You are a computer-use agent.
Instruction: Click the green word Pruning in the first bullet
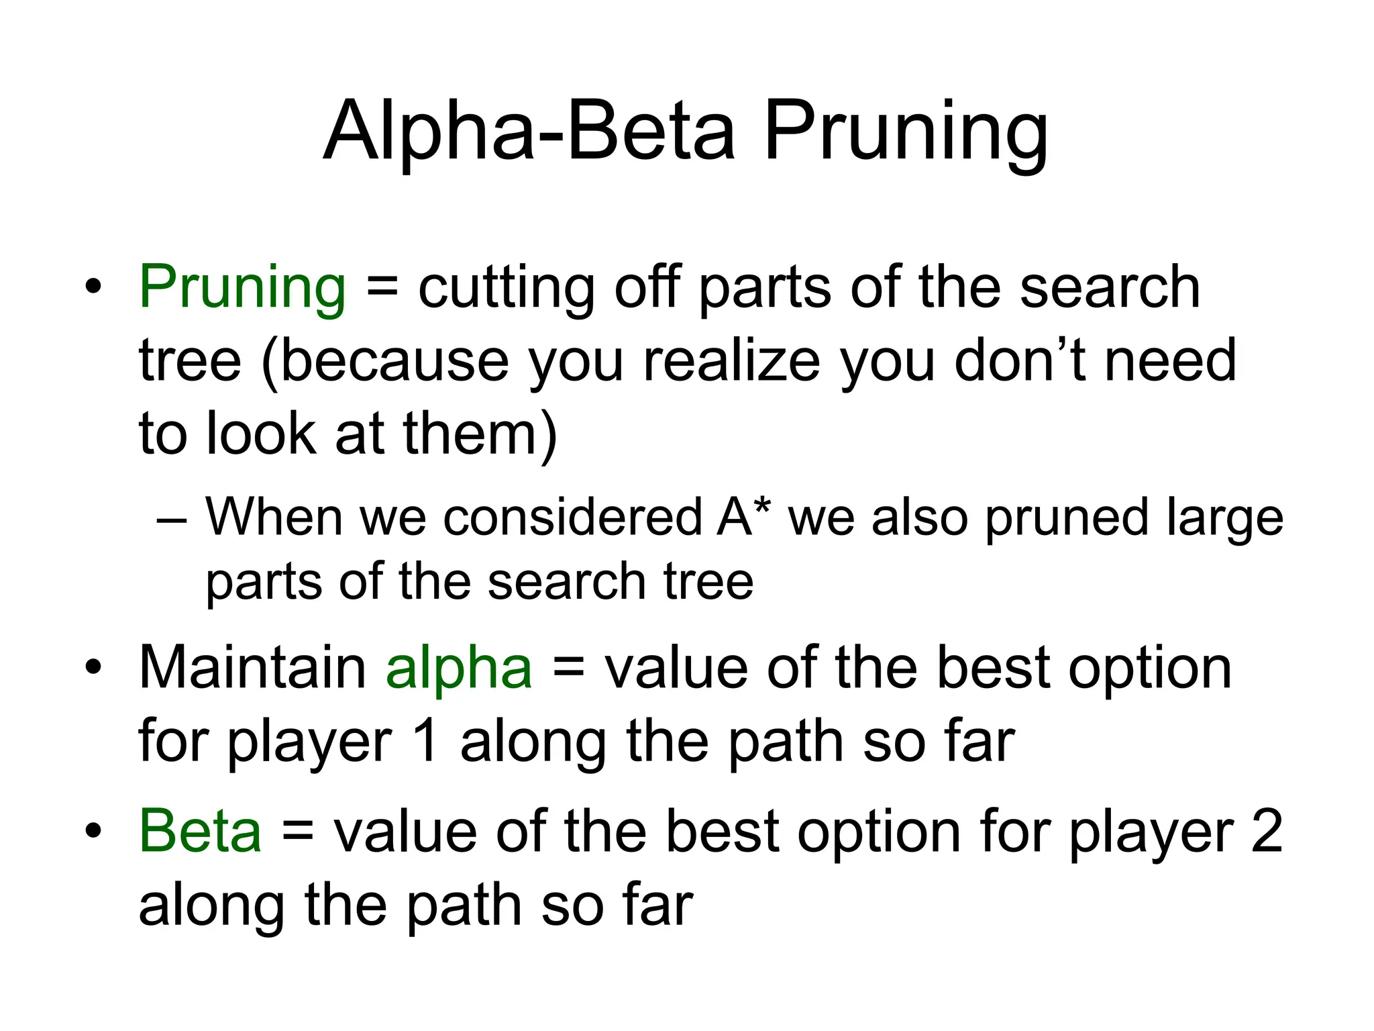click(x=242, y=287)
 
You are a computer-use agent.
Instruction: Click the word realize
click(x=731, y=361)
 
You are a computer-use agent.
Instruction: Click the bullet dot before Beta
click(x=93, y=831)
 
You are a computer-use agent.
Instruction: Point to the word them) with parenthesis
click(x=480, y=434)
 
